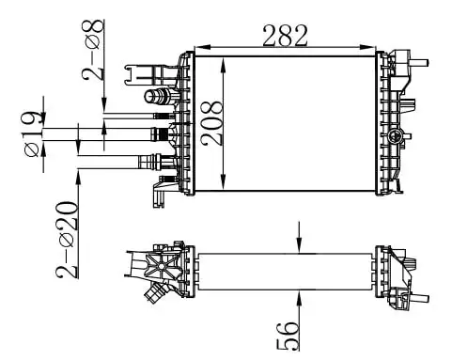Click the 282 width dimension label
[x=285, y=35]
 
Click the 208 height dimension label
[x=211, y=123]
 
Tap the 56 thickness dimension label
[x=287, y=336]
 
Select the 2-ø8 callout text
[x=93, y=50]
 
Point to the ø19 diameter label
[x=31, y=133]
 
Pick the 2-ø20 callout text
[x=67, y=240]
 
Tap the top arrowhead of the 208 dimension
[x=223, y=65]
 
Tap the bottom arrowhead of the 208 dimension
[x=223, y=182]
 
